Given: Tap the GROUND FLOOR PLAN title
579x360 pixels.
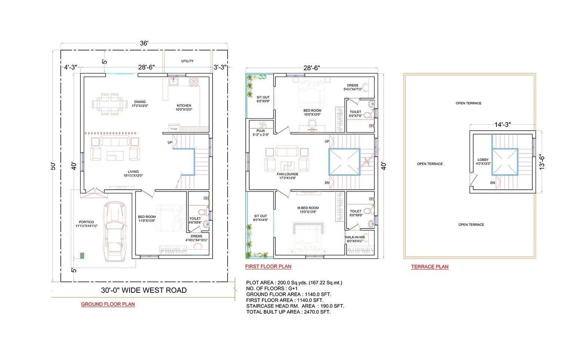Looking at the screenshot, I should [x=108, y=304].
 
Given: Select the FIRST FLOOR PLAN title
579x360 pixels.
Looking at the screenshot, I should [x=268, y=267].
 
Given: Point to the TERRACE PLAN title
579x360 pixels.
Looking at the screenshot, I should [x=430, y=267].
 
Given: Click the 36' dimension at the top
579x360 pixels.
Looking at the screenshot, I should [x=144, y=43].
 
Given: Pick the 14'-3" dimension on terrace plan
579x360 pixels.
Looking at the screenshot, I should [x=502, y=125].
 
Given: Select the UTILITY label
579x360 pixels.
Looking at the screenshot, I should [x=187, y=61].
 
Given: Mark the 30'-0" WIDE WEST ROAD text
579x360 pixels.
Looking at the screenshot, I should [x=143, y=291].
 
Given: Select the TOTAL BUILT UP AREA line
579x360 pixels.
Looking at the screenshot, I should [x=288, y=312].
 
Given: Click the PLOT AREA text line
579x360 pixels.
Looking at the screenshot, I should [x=294, y=283].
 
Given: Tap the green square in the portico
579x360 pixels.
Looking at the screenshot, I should [x=82, y=255].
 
